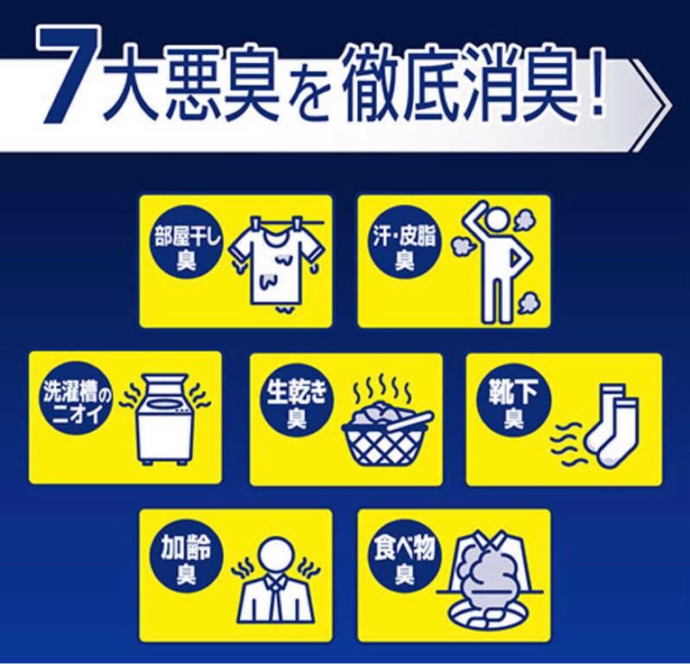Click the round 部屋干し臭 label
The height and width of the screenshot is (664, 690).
(x=186, y=247)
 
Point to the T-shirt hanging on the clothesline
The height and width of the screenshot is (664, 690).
(x=277, y=262)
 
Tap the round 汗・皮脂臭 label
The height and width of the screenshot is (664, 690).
(x=405, y=247)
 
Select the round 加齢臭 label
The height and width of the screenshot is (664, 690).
(x=186, y=563)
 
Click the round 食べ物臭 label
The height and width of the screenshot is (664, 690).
(x=405, y=563)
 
